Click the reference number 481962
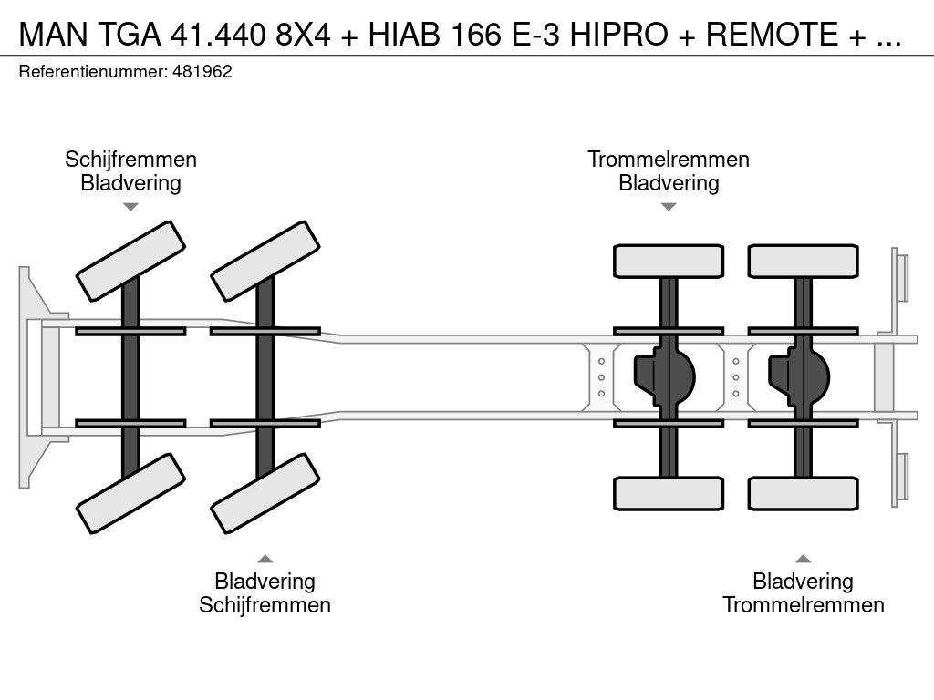tap(202, 72)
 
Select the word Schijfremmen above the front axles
tap(130, 160)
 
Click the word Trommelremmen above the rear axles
tap(669, 160)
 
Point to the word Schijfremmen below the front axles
tap(265, 604)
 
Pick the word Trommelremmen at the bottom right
tap(804, 604)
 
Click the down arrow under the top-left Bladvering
tap(130, 207)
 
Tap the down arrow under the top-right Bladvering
tap(669, 207)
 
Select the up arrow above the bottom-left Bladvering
tap(265, 558)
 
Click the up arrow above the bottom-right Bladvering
tap(804, 558)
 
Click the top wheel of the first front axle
tap(130, 260)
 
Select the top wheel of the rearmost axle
tap(803, 261)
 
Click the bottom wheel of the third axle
tap(669, 494)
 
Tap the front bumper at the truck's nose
tap(32, 376)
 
